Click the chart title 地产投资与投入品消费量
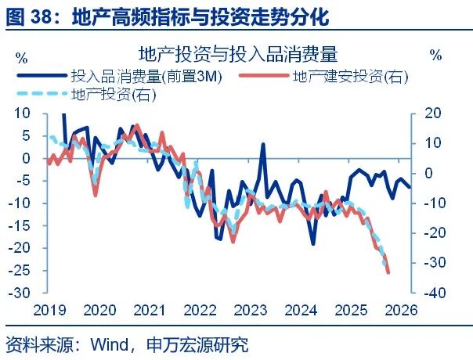[237, 54]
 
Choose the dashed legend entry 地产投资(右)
[113, 95]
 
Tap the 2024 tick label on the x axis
[301, 308]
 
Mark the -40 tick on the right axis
[435, 293]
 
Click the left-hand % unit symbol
[21, 56]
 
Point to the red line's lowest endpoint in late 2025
[389, 272]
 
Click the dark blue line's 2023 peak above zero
[263, 144]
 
